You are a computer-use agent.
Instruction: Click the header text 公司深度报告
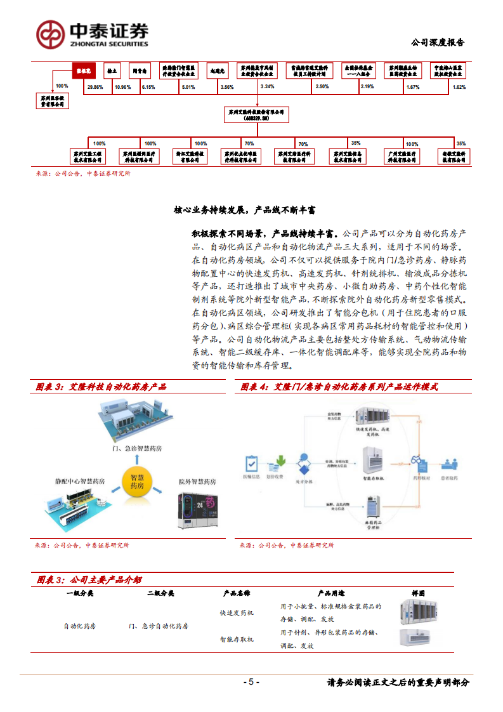(x=438, y=43)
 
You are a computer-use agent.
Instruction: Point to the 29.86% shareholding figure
(x=95, y=86)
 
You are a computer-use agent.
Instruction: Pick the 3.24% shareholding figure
(x=266, y=86)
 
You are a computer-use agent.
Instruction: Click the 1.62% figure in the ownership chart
(x=459, y=86)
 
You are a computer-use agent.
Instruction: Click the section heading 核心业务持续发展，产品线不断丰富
(x=245, y=209)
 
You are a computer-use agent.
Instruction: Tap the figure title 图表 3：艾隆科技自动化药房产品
(x=101, y=386)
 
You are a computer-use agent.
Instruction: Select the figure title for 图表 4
(x=339, y=386)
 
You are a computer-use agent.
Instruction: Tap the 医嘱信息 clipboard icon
(x=252, y=461)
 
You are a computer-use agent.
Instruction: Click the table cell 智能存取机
(x=237, y=639)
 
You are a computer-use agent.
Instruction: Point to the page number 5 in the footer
(x=251, y=682)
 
